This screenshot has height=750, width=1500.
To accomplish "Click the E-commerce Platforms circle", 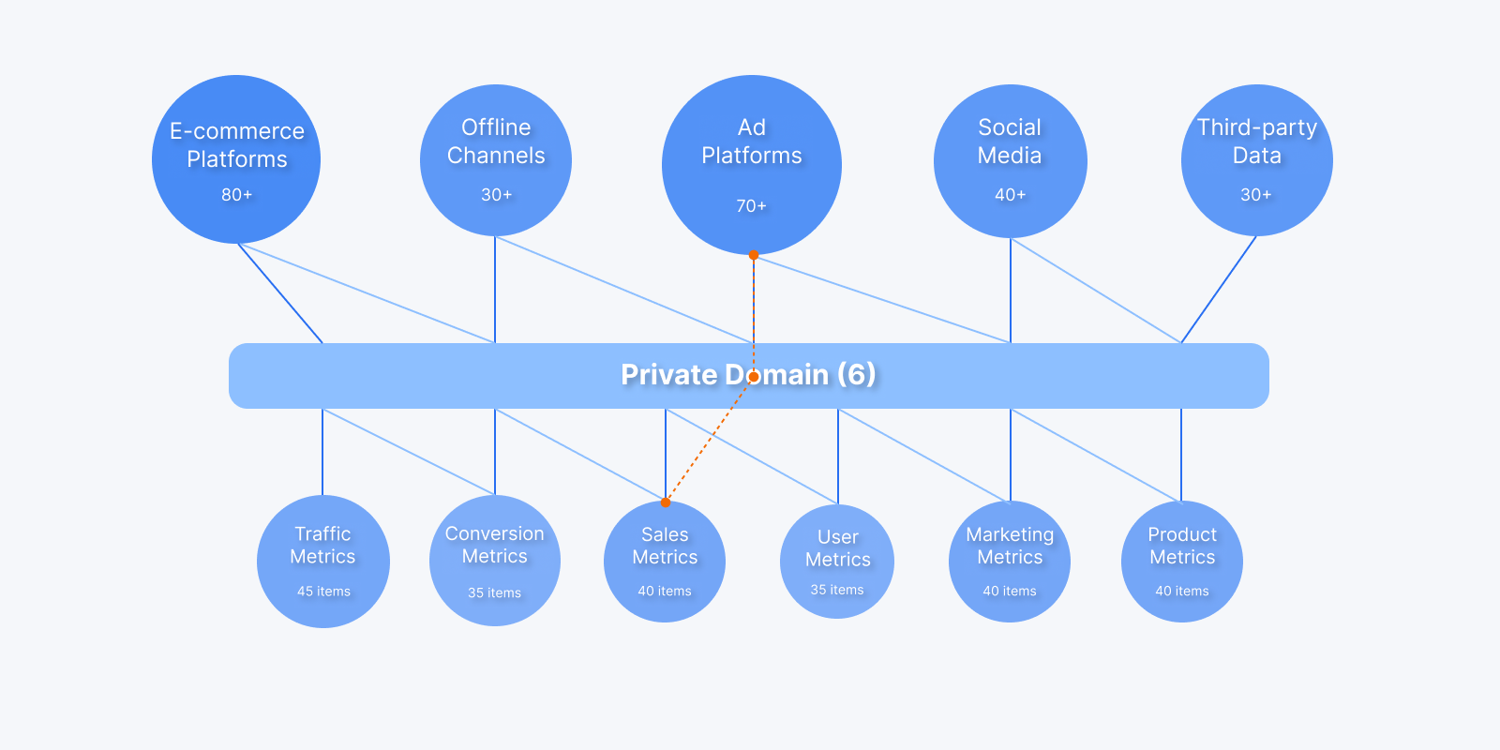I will coord(236,159).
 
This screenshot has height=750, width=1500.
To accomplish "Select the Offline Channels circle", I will coord(496,160).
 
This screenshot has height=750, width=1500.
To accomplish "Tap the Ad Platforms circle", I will coord(752,165).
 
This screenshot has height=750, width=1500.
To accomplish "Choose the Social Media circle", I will coord(1010,161).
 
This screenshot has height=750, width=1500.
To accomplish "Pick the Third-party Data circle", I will coord(1256,160).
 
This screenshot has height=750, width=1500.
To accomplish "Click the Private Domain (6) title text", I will coord(748,375).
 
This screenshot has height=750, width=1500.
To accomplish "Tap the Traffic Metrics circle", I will coord(323,562).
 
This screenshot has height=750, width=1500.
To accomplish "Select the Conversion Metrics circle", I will coord(495,561).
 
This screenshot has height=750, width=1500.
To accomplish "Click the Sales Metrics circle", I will coord(665,562).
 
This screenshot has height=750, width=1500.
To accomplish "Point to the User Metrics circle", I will coord(837,562).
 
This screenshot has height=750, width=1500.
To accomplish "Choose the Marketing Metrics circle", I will coord(1010,562).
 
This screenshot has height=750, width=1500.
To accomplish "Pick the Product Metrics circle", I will coord(1182,562).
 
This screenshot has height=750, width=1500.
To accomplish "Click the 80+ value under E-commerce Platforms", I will coord(237,195).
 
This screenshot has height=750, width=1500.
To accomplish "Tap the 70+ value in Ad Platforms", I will coord(752,206).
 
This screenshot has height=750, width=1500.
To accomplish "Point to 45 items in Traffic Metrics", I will coord(323,592).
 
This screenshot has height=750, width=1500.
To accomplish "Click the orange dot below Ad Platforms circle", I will coord(754,255).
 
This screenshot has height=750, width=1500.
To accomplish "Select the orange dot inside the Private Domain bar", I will coord(754,377).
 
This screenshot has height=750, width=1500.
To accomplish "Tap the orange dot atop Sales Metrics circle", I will coord(666,502).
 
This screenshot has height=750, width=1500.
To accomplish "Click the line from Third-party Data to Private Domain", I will coord(1219,290).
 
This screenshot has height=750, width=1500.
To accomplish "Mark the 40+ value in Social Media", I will coord(1011,195).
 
